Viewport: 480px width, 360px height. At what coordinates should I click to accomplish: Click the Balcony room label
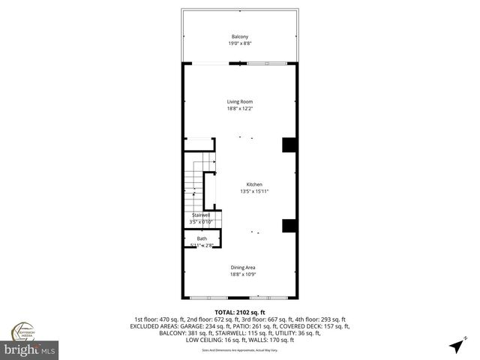coord(239,37)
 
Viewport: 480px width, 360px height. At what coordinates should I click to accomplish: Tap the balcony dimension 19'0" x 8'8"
coord(239,43)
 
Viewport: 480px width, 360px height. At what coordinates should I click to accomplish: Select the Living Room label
coord(240,102)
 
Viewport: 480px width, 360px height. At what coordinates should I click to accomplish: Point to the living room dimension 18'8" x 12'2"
coord(240,109)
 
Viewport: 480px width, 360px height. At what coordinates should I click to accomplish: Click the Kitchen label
coord(255,184)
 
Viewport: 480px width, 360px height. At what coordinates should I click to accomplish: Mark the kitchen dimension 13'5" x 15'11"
coord(255,191)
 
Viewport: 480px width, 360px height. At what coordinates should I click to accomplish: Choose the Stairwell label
coord(201,215)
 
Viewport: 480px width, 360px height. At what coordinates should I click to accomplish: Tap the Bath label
coord(202,238)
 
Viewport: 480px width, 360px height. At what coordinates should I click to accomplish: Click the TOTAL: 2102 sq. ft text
coord(240,312)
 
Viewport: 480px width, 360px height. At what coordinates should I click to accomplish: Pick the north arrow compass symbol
coord(456,346)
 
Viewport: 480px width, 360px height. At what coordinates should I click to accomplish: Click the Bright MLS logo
coord(30,350)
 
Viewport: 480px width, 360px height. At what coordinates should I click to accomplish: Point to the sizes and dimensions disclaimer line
coord(240,349)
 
